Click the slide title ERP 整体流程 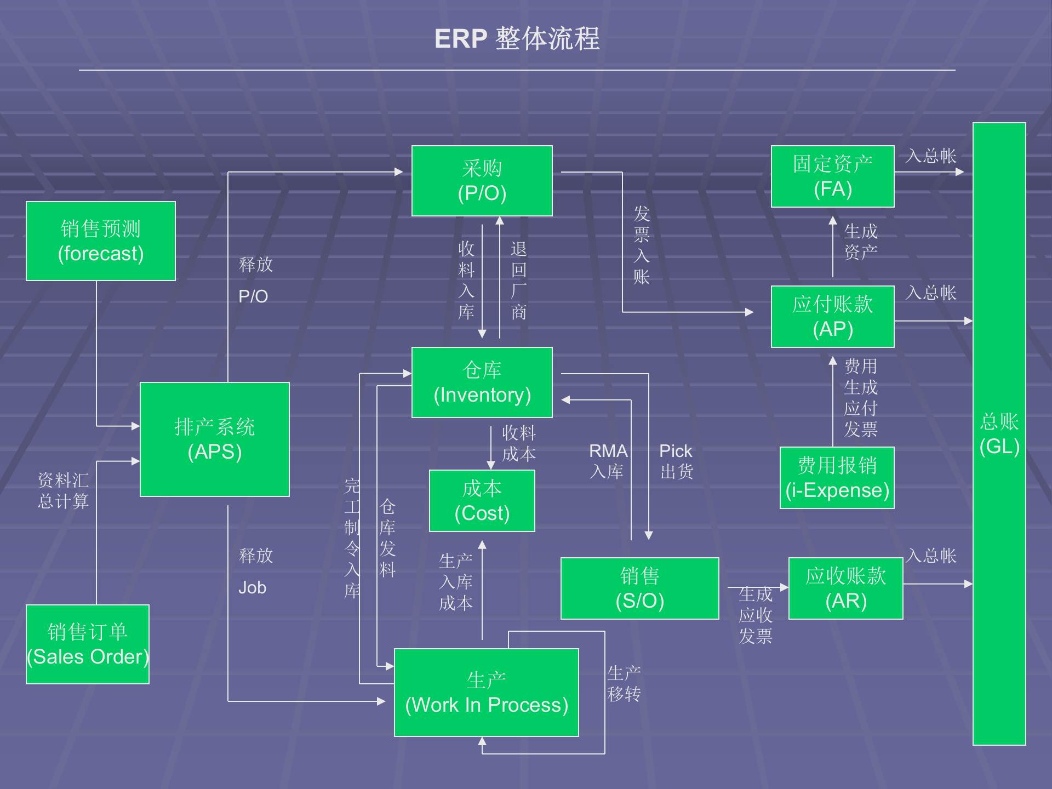click(517, 39)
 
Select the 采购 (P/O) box click(482, 181)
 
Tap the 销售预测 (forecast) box click(100, 241)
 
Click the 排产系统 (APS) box click(214, 439)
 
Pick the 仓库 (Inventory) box click(482, 382)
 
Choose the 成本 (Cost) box click(482, 501)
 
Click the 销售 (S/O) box click(639, 588)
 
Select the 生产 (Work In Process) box click(486, 693)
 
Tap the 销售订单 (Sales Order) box click(87, 644)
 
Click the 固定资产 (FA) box click(832, 176)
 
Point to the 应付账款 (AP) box click(832, 317)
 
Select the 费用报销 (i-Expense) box click(837, 478)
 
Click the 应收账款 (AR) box click(845, 588)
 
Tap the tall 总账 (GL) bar click(999, 434)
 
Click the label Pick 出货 click(676, 461)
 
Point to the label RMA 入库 click(608, 461)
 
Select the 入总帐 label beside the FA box click(930, 156)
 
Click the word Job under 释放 click(252, 588)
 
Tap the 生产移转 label click(624, 684)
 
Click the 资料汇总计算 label click(63, 491)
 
